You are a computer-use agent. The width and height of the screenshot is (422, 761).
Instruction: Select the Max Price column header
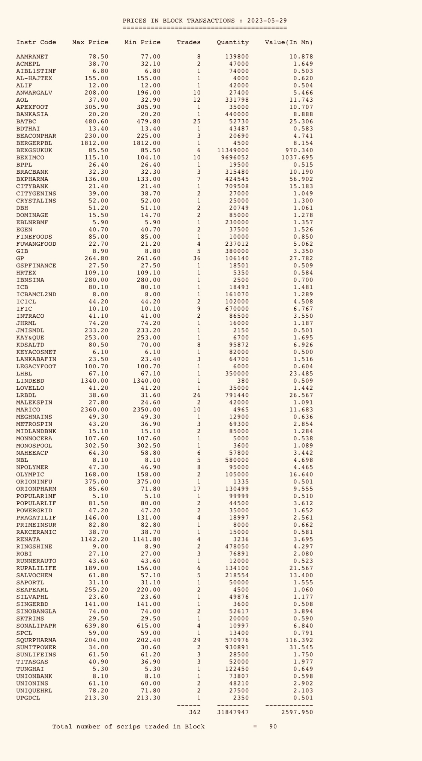coord(90,42)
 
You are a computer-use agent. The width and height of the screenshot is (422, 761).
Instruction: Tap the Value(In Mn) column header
coord(288,42)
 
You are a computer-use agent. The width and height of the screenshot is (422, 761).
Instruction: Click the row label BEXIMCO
coord(30,158)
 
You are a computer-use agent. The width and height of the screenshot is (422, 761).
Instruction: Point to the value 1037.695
coord(297,158)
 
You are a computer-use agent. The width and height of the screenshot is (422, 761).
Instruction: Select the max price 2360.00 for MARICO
coord(94,410)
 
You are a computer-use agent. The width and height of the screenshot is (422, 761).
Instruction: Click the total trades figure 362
coord(194,712)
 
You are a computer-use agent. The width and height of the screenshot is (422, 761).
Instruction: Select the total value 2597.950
coord(297,712)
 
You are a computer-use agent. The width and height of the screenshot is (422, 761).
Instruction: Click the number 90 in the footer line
coord(273,727)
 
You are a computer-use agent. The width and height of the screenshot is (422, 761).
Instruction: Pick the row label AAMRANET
coord(32,57)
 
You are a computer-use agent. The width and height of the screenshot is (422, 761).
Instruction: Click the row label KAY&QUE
coord(30,338)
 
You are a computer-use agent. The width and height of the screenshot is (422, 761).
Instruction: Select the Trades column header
coord(188,42)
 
